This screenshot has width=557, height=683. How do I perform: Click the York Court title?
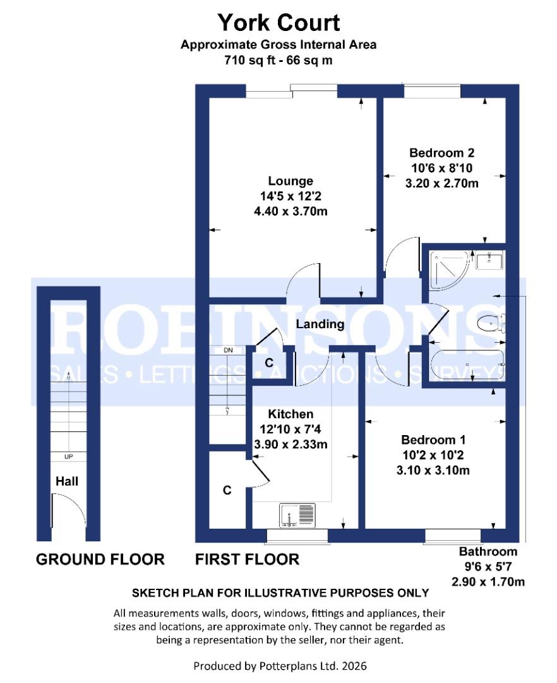[278, 23]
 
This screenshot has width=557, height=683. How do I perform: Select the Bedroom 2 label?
[441, 152]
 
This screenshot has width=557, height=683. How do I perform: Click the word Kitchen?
[290, 414]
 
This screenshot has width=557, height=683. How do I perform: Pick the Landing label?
[321, 324]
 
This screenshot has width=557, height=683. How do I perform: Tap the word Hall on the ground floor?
[67, 481]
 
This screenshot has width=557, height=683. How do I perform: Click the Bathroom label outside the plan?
[488, 551]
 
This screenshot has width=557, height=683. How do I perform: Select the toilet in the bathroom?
[492, 323]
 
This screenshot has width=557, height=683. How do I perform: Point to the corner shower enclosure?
[446, 267]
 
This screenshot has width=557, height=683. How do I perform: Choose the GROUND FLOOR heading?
[100, 559]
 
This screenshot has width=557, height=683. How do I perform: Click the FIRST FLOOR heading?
[247, 559]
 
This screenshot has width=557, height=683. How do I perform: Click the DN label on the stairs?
[228, 350]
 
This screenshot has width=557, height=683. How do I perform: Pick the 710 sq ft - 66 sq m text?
[278, 61]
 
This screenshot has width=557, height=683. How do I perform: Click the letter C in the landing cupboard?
[268, 363]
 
